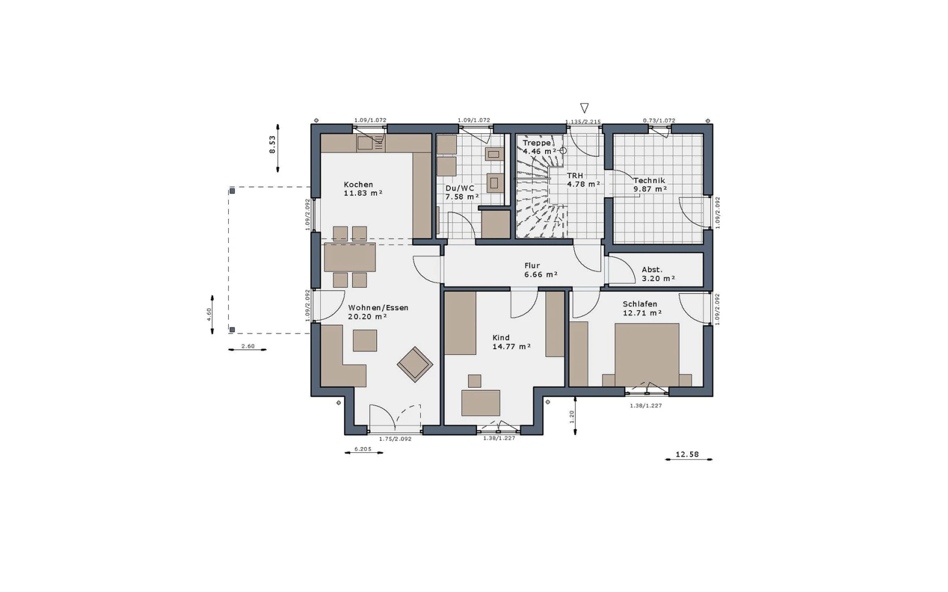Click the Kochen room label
[x=358, y=185]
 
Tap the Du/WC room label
[x=460, y=189]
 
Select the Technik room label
[x=649, y=181]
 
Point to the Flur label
[x=532, y=266]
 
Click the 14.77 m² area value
[x=511, y=347]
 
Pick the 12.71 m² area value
[x=642, y=313]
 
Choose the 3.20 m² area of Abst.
[x=658, y=279]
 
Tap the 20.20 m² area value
[x=367, y=317]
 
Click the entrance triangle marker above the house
[x=584, y=108]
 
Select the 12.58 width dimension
[x=687, y=455]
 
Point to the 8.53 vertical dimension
[x=273, y=144]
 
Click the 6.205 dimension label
[x=363, y=449]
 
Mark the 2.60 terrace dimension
[x=248, y=346]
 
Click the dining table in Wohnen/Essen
[x=350, y=257]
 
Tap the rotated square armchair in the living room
[x=415, y=365]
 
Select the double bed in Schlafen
[x=646, y=355]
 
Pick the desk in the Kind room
[x=481, y=403]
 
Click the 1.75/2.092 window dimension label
[x=395, y=439]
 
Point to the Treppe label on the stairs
[x=537, y=143]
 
